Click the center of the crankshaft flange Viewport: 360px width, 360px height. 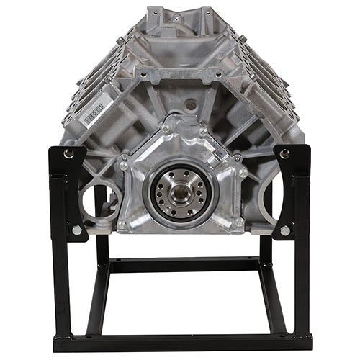click(x=180, y=191)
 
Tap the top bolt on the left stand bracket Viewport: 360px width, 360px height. click(x=68, y=153)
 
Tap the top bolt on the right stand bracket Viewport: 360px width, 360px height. click(x=286, y=153)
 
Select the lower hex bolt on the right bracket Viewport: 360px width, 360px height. click(x=286, y=230)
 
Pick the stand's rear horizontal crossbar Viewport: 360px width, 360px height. click(x=180, y=266)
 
